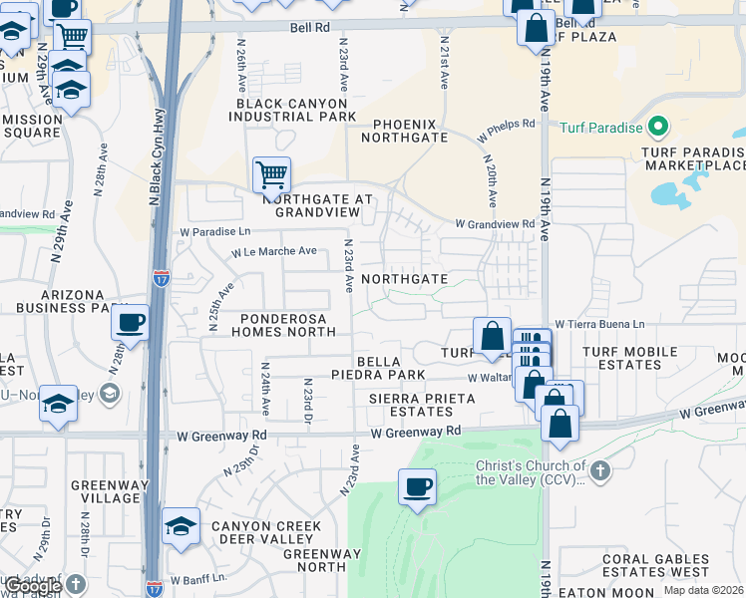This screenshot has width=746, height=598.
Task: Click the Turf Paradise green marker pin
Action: [657, 128]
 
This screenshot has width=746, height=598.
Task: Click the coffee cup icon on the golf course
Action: [417, 487]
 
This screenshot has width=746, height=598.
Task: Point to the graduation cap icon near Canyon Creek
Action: [181, 526]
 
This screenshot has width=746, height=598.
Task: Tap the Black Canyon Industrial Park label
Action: [292, 110]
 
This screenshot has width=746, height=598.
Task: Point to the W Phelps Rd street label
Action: [506, 127]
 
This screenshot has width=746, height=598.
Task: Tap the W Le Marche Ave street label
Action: [274, 252]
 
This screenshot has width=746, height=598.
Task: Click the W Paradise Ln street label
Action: [214, 231]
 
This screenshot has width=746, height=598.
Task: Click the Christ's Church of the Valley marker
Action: [599, 470]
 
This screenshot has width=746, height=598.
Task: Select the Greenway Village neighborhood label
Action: [105, 491]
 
